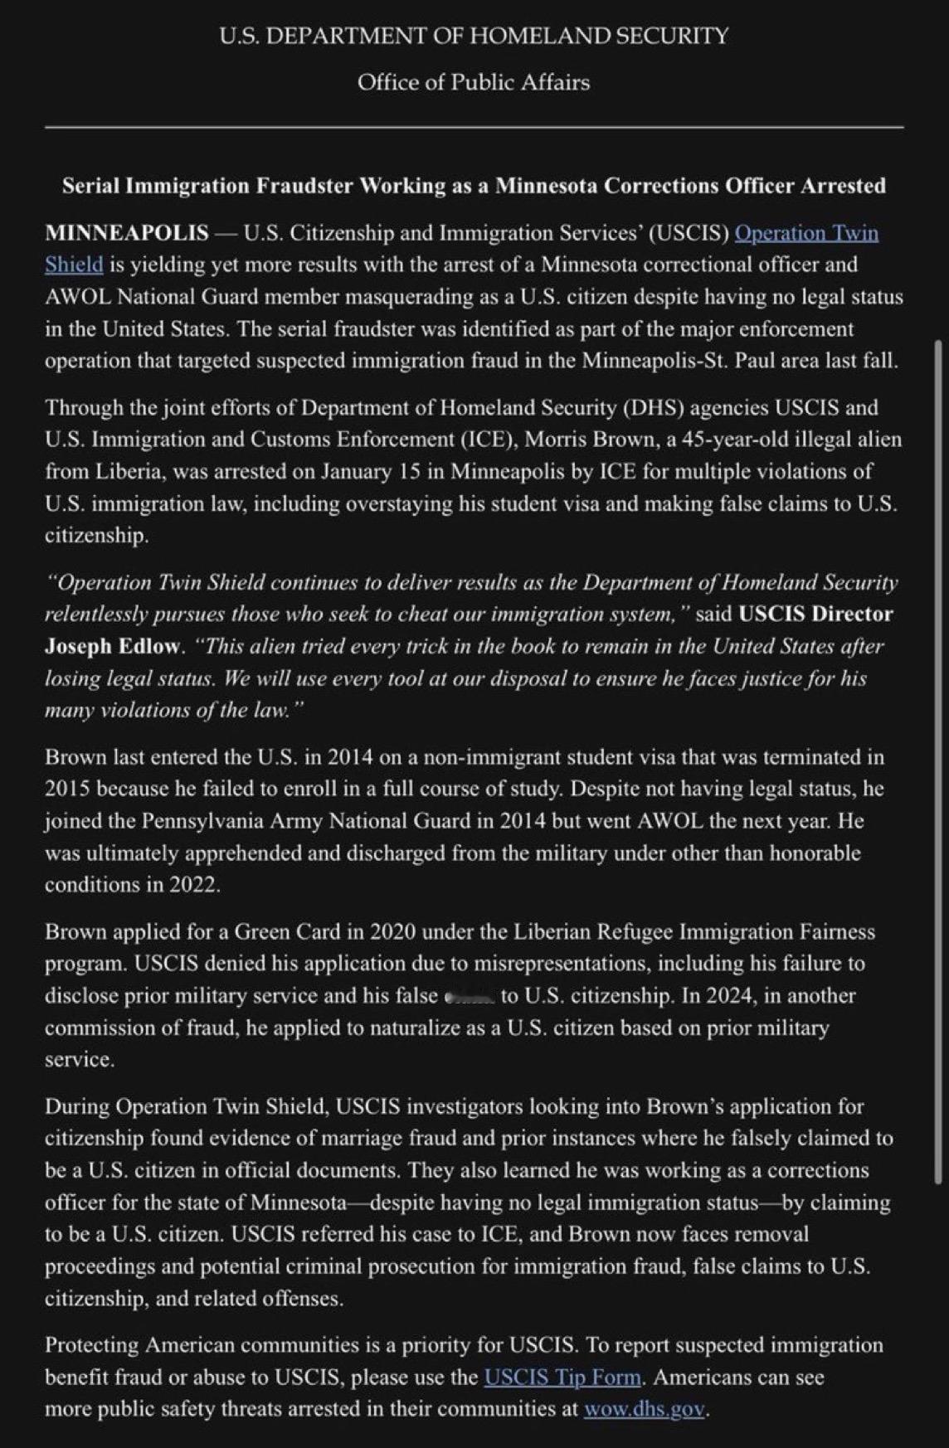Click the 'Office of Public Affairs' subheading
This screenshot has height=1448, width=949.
[x=474, y=82]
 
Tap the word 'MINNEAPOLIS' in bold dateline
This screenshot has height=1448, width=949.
[x=127, y=233]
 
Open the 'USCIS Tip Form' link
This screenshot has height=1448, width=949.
[x=562, y=1378]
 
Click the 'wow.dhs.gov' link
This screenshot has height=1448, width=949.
[x=644, y=1409]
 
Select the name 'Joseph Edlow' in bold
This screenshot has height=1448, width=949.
[x=112, y=646]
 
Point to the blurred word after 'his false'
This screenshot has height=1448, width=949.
[x=470, y=996]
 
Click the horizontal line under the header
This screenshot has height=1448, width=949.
[x=474, y=128]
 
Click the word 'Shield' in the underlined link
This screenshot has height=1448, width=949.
[x=74, y=265]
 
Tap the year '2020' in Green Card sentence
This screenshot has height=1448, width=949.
[x=392, y=932]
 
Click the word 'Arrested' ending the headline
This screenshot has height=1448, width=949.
[x=843, y=186]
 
